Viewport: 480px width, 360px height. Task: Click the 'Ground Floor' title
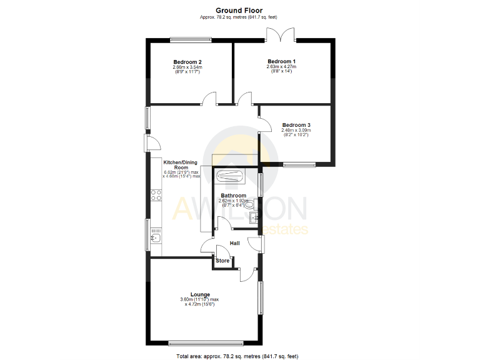click(239, 10)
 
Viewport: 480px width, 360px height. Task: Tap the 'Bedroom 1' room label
click(281, 61)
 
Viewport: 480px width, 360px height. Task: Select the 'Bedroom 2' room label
click(187, 62)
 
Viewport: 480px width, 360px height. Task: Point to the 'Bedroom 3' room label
click(296, 125)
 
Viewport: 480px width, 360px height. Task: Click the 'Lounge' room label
click(200, 294)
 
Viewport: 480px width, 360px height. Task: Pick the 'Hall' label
click(235, 243)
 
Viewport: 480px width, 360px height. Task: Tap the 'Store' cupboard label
click(222, 261)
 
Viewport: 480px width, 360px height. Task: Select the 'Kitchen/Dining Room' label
click(181, 164)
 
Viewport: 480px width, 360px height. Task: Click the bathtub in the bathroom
click(230, 176)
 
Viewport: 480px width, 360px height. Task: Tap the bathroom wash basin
click(253, 218)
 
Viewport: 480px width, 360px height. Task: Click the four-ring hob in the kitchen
click(156, 194)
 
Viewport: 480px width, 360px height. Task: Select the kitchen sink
click(156, 236)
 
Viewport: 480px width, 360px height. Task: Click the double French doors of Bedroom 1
click(286, 35)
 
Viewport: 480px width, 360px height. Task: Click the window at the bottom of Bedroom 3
click(299, 165)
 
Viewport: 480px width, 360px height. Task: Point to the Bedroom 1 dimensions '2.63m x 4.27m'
click(281, 66)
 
